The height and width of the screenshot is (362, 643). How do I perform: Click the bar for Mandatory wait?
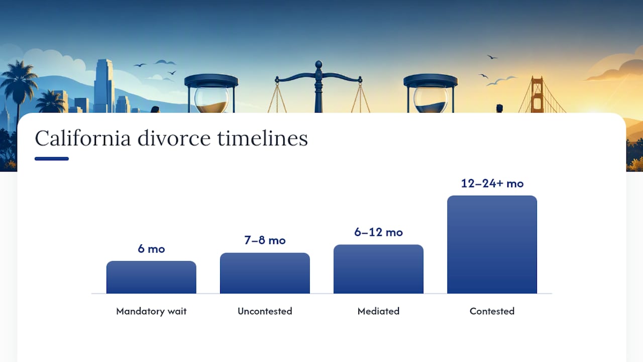tap(151, 277)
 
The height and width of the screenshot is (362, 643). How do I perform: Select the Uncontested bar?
tap(265, 273)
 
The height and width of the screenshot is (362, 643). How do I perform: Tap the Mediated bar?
tap(378, 269)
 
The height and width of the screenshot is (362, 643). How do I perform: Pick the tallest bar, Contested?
tap(492, 244)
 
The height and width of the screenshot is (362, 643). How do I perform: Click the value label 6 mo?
tap(151, 249)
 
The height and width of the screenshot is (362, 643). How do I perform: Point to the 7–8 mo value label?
tap(265, 240)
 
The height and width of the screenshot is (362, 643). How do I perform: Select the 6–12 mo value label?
tap(378, 232)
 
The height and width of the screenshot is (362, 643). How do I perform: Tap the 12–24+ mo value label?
tap(492, 184)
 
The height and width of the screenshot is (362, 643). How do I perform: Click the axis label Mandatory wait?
tap(151, 311)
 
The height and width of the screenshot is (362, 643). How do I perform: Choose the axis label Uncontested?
tap(265, 311)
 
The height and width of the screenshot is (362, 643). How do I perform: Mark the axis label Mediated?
tap(378, 311)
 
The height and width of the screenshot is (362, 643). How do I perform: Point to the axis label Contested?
tap(492, 311)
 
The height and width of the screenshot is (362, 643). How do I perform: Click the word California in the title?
tap(83, 138)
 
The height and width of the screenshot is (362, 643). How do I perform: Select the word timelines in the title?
tap(262, 138)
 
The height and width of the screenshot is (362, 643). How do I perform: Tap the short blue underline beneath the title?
tap(52, 158)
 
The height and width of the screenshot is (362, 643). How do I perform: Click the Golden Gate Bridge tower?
tap(537, 95)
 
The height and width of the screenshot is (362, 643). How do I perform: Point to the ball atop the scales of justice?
tap(318, 64)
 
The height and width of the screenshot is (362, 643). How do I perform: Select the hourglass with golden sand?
tap(211, 94)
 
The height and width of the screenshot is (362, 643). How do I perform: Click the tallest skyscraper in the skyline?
tap(104, 85)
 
